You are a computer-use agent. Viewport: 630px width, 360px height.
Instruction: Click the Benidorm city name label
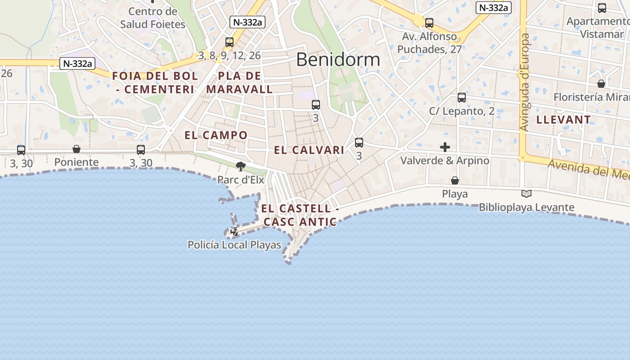338,59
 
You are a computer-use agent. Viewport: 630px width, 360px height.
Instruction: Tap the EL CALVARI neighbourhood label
309,150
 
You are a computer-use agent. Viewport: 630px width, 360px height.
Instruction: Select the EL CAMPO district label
216,135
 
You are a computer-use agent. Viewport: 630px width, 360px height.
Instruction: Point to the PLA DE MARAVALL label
239,82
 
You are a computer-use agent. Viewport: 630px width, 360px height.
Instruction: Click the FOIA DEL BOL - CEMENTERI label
155,82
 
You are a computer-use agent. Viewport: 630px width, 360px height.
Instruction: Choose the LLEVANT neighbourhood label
563,120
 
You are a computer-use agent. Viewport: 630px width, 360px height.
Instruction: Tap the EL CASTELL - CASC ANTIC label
300,215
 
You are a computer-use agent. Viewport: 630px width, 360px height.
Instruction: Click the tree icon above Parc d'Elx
241,166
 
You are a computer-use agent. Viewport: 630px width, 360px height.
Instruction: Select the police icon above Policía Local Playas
234,232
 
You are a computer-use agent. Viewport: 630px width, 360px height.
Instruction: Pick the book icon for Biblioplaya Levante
526,193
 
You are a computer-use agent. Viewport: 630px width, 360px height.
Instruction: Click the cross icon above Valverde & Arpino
445,147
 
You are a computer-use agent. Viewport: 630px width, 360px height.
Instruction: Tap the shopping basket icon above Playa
455,180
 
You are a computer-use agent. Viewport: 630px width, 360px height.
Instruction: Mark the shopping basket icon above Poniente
76,148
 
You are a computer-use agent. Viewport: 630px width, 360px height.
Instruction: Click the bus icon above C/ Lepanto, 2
462,97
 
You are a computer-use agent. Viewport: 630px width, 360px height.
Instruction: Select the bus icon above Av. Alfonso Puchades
429,22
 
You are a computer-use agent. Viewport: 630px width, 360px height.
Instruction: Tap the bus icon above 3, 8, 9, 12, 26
229,42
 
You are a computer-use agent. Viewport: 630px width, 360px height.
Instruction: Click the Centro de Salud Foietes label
153,18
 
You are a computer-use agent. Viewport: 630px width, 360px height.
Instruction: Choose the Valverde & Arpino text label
445,161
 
